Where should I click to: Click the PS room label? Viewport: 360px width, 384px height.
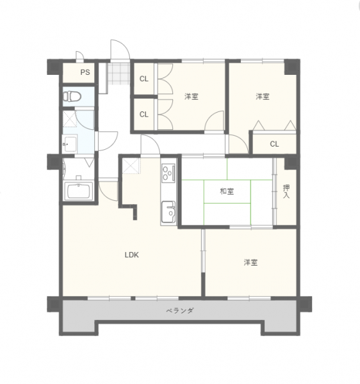[85, 72]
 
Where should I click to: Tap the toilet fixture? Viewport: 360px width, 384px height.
[72, 96]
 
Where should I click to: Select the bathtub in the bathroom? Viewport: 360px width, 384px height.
[78, 191]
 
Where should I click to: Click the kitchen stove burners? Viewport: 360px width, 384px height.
[168, 173]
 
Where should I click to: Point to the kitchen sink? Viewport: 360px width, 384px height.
[168, 212]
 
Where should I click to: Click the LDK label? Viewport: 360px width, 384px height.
[132, 255]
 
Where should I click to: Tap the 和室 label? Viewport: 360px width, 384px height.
[227, 191]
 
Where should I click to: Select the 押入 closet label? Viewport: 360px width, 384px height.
[286, 191]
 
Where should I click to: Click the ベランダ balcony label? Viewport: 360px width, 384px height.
[180, 311]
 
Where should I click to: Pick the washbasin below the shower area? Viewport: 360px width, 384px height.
[70, 144]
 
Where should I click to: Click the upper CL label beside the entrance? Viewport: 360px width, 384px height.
[144, 79]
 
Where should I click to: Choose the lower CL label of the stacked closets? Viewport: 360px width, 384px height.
[144, 115]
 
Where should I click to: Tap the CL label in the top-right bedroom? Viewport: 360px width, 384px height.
[274, 144]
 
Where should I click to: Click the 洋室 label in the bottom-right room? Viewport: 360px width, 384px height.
[250, 262]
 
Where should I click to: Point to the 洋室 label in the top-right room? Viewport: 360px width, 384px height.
[263, 97]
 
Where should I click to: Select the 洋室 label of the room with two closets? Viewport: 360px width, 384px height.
[192, 97]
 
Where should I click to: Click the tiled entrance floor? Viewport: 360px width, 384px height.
[119, 74]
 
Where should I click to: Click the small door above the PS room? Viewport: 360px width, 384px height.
[79, 56]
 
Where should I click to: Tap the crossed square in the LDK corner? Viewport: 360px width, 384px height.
[131, 166]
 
